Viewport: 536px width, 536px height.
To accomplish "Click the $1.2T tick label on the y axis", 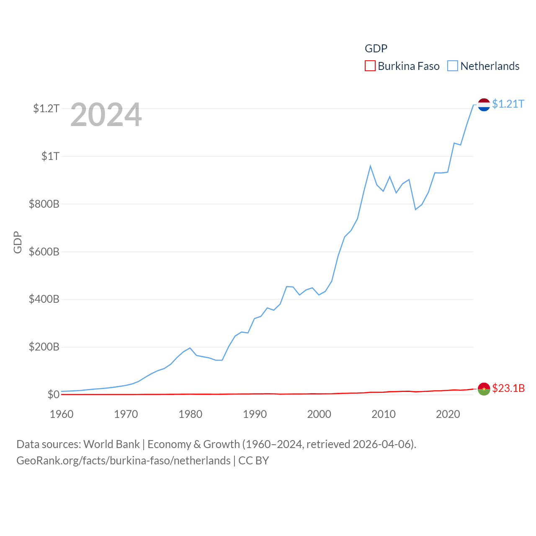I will pos(46,109).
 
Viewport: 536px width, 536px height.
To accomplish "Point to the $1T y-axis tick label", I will pos(50,157).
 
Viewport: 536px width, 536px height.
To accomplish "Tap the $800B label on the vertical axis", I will pos(44,204).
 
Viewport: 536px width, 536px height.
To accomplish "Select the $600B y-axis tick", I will pos(44,252).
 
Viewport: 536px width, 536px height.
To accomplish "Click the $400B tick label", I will pos(44,299).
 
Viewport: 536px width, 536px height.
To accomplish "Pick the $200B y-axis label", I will pos(44,347).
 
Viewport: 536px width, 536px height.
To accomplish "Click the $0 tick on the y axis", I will pos(53,395).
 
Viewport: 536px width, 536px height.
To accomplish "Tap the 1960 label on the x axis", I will pos(62,415).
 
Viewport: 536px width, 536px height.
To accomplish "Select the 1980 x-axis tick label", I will pos(191,415).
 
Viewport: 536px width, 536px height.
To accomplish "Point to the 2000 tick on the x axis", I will pos(319,415).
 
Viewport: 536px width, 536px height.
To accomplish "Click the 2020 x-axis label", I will pos(448,415).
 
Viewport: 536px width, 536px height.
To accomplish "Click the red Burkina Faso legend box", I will pos(370,66).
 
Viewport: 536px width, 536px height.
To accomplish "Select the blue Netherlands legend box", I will pos(453,66).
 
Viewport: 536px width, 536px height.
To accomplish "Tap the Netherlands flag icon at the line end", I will pos(484,105).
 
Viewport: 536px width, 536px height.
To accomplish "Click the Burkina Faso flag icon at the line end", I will pos(484,389).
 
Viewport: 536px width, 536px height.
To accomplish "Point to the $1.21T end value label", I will pos(508,104).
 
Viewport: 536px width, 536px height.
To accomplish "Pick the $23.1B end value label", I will pos(508,389).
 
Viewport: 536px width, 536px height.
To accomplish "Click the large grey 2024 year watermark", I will pos(106,115).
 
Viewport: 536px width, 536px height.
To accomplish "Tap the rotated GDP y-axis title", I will pos(18,242).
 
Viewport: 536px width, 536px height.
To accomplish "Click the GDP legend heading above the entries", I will pos(376,49).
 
